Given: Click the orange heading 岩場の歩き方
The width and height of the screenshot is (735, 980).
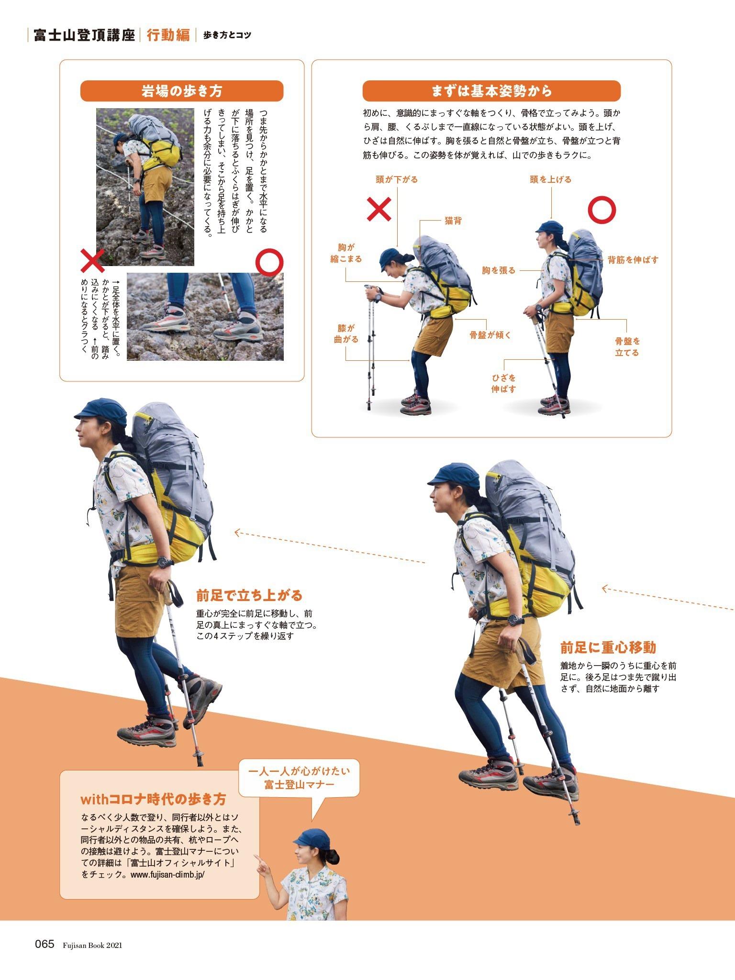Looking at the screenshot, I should tap(181, 91).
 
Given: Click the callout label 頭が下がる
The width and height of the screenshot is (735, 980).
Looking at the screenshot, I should tap(396, 179).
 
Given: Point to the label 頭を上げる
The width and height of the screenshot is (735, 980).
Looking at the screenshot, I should tap(550, 179).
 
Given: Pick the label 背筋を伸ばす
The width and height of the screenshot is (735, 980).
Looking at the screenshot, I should tap(633, 260).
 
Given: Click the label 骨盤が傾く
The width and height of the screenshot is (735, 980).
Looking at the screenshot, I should tap(490, 335).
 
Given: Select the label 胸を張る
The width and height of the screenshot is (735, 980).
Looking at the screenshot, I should tap(499, 270).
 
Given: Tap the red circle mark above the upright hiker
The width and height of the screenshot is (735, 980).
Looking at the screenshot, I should tap(601, 210).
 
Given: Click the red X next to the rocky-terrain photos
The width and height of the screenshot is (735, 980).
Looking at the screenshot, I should tap(93, 261).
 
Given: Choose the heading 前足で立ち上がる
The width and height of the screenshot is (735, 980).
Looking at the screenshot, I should tap(249, 595).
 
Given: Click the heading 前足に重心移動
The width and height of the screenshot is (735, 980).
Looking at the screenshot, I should tap(608, 647).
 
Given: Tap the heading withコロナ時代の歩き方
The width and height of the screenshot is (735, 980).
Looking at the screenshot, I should tap(153, 799).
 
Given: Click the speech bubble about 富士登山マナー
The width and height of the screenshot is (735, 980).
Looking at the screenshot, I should tap(299, 778).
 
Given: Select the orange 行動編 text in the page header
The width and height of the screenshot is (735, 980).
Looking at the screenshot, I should tap(168, 35).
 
